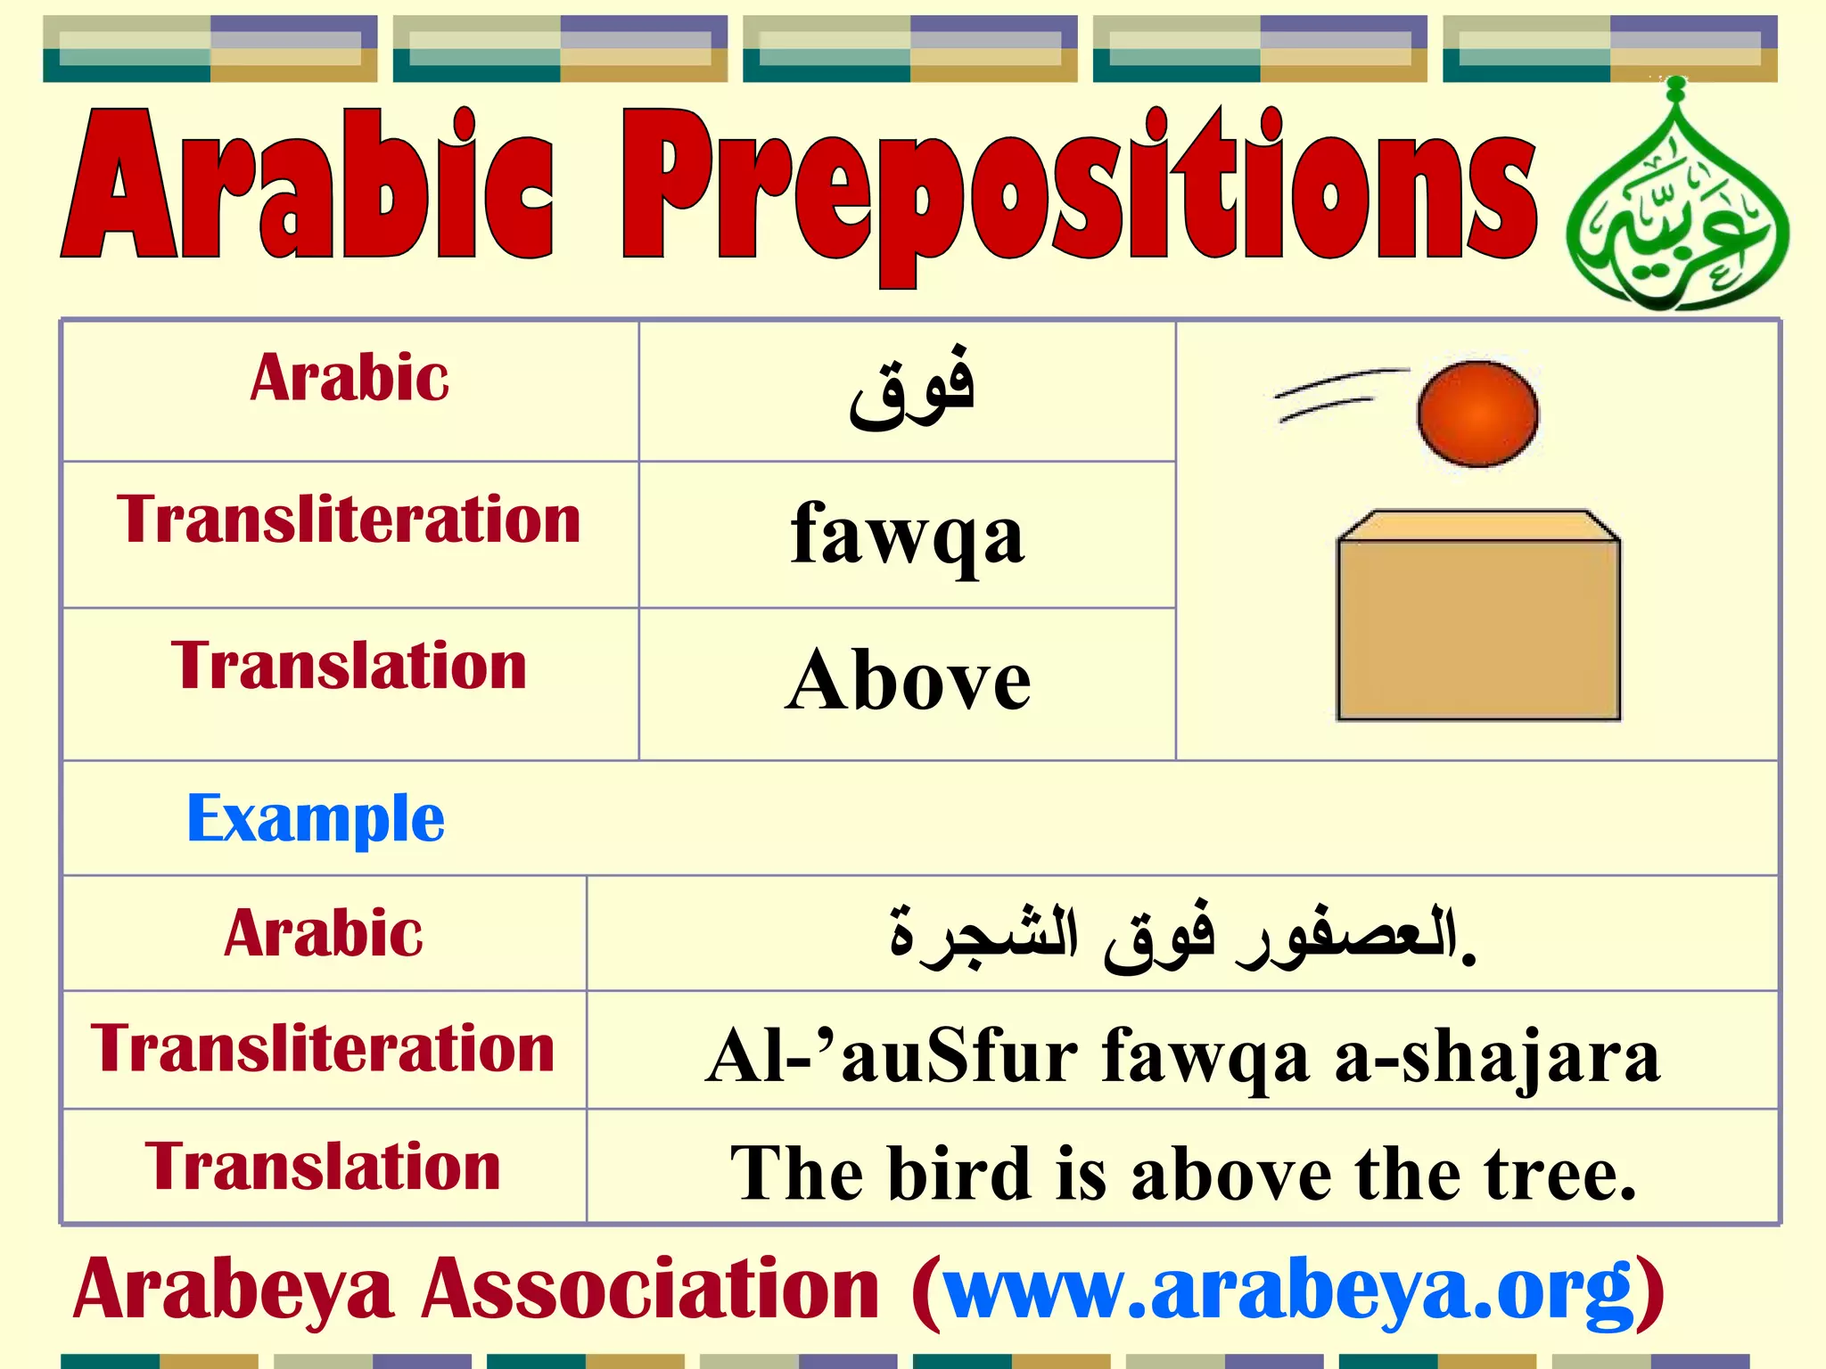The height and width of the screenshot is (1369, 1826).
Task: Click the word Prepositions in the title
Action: (1079, 192)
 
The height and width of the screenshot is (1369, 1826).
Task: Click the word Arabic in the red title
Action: (308, 187)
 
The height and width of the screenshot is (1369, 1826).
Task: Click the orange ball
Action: (1477, 414)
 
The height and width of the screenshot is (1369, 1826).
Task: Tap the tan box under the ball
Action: (1478, 624)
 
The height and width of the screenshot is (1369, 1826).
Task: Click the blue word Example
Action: (315, 818)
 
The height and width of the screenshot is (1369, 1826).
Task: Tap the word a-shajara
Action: (1498, 1056)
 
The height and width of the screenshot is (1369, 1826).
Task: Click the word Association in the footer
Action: (651, 1290)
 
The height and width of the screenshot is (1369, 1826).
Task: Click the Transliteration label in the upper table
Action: (349, 520)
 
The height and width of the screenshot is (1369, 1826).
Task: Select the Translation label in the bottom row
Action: (323, 1167)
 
